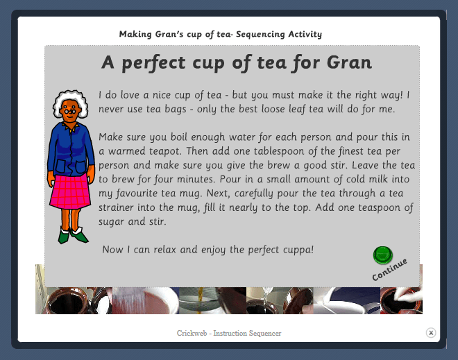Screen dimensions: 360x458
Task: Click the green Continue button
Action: coord(382,255)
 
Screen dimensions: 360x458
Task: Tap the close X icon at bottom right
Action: coord(431,333)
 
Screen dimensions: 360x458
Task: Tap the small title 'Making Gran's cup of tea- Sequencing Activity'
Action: coord(220,34)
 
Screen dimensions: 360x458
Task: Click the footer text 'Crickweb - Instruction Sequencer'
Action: coord(228,334)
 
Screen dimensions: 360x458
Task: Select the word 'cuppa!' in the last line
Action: coord(296,249)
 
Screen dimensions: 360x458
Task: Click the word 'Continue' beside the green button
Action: coord(389,270)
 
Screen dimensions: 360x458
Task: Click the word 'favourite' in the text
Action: coord(146,194)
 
